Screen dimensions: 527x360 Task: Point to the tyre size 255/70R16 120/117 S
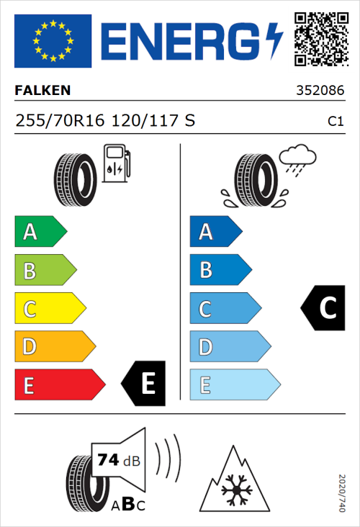coord(105,122)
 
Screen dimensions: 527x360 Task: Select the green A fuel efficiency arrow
coord(40,232)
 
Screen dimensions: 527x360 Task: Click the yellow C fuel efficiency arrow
coord(50,309)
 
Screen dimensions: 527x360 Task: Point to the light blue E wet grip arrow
coord(234,385)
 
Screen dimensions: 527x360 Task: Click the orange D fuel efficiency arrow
coord(55,347)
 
